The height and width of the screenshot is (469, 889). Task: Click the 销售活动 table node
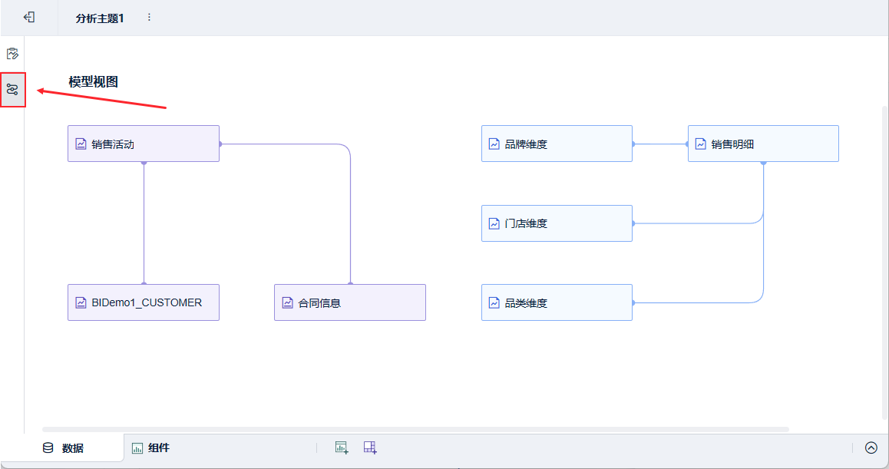tap(144, 144)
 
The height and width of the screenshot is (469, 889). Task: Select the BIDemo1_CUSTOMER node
tap(144, 302)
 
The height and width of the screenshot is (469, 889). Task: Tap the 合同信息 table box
tap(350, 302)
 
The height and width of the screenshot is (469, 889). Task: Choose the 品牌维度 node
tap(557, 144)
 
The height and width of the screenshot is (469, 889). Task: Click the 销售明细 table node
tap(763, 144)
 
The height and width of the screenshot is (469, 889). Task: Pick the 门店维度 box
tap(557, 223)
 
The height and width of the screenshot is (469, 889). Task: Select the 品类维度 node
tap(557, 302)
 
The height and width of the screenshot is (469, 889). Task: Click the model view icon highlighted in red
tap(12, 89)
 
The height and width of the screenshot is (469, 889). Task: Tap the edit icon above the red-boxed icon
tap(12, 54)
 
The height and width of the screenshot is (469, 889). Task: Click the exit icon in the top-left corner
tap(29, 17)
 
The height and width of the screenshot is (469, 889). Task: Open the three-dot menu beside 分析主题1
tap(149, 17)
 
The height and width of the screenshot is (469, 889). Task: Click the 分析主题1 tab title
tap(100, 18)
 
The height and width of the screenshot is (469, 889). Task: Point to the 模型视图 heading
tap(93, 81)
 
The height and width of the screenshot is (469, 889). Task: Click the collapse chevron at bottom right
tap(871, 448)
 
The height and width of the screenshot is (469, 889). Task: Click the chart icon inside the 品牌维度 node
tap(494, 144)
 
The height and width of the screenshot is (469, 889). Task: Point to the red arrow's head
tap(40, 91)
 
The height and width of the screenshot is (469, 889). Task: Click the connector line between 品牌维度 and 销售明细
tap(660, 144)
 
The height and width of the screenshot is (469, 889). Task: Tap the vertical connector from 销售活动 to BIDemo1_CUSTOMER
tap(144, 223)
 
